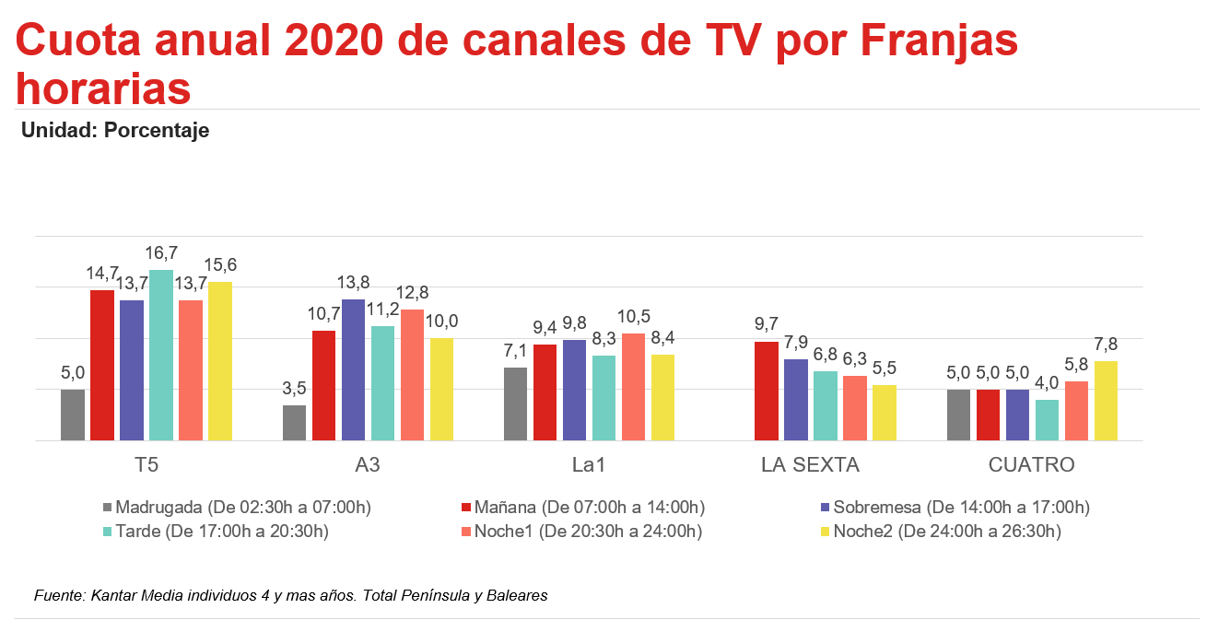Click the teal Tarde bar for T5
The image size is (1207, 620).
(161, 356)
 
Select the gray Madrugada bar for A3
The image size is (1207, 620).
(295, 423)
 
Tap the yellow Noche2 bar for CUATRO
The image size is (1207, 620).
(1106, 401)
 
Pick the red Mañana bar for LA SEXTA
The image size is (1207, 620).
(767, 392)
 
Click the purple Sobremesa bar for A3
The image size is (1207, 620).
(354, 370)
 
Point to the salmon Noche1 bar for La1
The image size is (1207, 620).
(633, 387)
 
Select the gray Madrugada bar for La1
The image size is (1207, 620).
(515, 404)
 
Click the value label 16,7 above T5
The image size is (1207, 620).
(161, 253)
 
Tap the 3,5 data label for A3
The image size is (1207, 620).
(295, 389)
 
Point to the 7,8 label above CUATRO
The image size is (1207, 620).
(1106, 345)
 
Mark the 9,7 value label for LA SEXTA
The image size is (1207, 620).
(767, 324)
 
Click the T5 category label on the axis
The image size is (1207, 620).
(146, 465)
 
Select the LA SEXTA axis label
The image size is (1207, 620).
(810, 465)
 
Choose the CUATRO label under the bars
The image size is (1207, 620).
(1031, 465)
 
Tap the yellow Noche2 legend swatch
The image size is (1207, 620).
(826, 532)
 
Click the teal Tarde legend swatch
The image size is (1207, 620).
(107, 532)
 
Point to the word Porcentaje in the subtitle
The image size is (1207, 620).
(157, 131)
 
